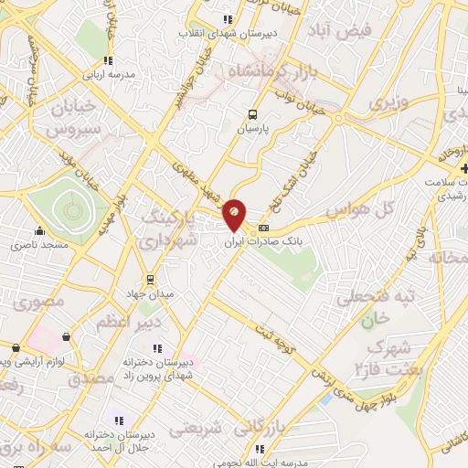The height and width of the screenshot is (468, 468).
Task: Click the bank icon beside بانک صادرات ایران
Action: (264, 228)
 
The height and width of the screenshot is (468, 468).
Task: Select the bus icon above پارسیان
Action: (252, 114)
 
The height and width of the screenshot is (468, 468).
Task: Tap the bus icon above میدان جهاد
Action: (149, 279)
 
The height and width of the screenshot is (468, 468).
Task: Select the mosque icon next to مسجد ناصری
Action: (38, 231)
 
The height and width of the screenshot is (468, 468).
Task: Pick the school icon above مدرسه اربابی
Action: (109, 60)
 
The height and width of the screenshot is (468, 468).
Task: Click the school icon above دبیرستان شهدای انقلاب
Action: (228, 20)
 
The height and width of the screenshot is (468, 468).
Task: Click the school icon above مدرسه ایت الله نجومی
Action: (261, 449)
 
